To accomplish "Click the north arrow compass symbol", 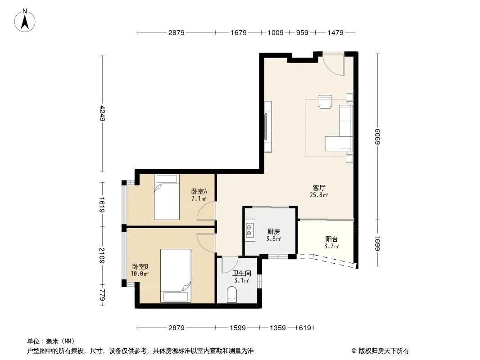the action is (x=25, y=21).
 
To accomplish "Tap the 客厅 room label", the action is (x=319, y=188).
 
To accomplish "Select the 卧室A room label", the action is (x=199, y=191).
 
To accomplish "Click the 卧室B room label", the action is (x=140, y=267).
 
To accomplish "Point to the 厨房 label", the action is (x=273, y=232).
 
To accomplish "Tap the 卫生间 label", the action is (x=241, y=274).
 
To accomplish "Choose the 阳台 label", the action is (x=331, y=239).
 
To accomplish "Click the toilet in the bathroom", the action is (x=232, y=294).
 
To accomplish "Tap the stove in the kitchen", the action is (x=250, y=230).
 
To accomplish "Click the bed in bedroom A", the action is (x=167, y=197).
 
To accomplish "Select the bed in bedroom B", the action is (x=176, y=275).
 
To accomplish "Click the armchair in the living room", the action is (x=325, y=102).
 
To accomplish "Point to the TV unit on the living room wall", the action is (x=268, y=126).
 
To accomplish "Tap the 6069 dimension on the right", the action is (x=377, y=137).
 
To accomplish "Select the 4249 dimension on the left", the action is (x=102, y=113).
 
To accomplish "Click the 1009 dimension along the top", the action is (x=276, y=32).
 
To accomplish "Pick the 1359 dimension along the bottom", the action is (x=278, y=328).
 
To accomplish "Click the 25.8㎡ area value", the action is (x=319, y=195).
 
